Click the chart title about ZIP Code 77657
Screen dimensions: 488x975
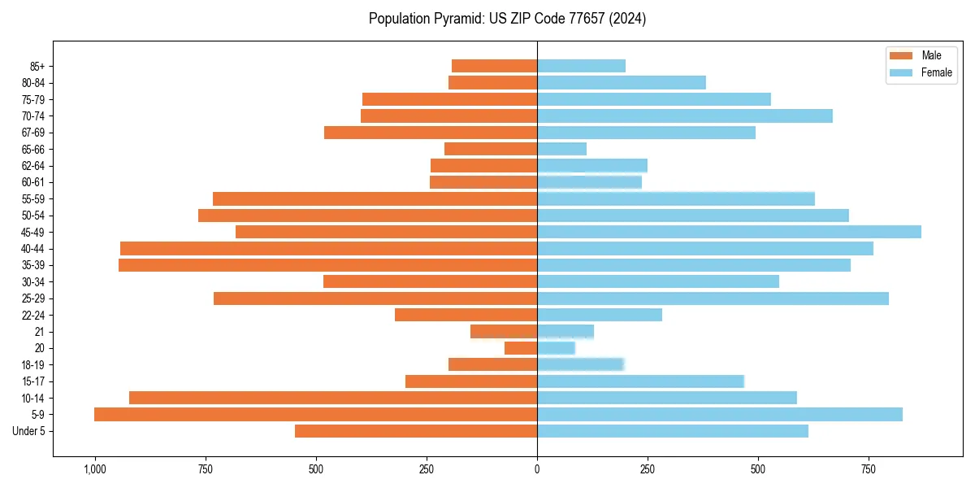507,19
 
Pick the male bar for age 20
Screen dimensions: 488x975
521,348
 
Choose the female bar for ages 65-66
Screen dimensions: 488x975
561,149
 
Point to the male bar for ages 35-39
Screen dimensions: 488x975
327,265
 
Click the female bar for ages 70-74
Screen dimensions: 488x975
684,116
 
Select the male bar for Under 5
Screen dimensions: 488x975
415,431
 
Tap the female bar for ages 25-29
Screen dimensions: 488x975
713,298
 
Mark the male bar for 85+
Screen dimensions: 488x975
494,66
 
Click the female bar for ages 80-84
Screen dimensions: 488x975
621,83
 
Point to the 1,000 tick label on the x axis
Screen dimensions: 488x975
94,470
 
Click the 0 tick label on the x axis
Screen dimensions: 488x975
537,470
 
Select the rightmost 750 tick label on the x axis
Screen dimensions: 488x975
869,470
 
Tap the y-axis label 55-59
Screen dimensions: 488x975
33,199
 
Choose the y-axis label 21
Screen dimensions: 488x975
40,332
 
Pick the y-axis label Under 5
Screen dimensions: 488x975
28,431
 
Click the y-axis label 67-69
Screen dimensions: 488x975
33,133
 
